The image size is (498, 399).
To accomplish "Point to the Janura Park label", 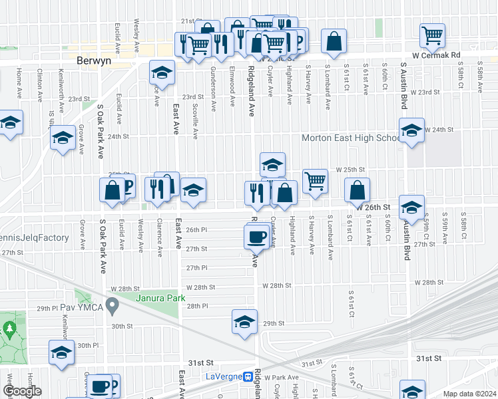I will (160, 298).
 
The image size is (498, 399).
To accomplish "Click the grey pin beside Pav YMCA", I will (113, 307).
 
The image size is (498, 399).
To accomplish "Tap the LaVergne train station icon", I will (247, 377).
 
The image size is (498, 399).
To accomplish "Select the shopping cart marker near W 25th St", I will (315, 180).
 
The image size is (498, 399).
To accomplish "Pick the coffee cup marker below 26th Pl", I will (256, 237).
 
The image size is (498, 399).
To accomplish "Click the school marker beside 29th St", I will (244, 322).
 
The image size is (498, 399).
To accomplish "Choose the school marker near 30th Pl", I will (61, 352).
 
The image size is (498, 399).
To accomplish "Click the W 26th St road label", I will (372, 207).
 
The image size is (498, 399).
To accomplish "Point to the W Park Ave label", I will (282, 377).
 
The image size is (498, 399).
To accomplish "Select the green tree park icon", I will (9, 329).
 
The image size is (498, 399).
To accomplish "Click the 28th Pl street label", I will (197, 306).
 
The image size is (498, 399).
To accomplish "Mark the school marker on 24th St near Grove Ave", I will (63, 138).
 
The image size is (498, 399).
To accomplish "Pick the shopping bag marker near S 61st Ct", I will (358, 190).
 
